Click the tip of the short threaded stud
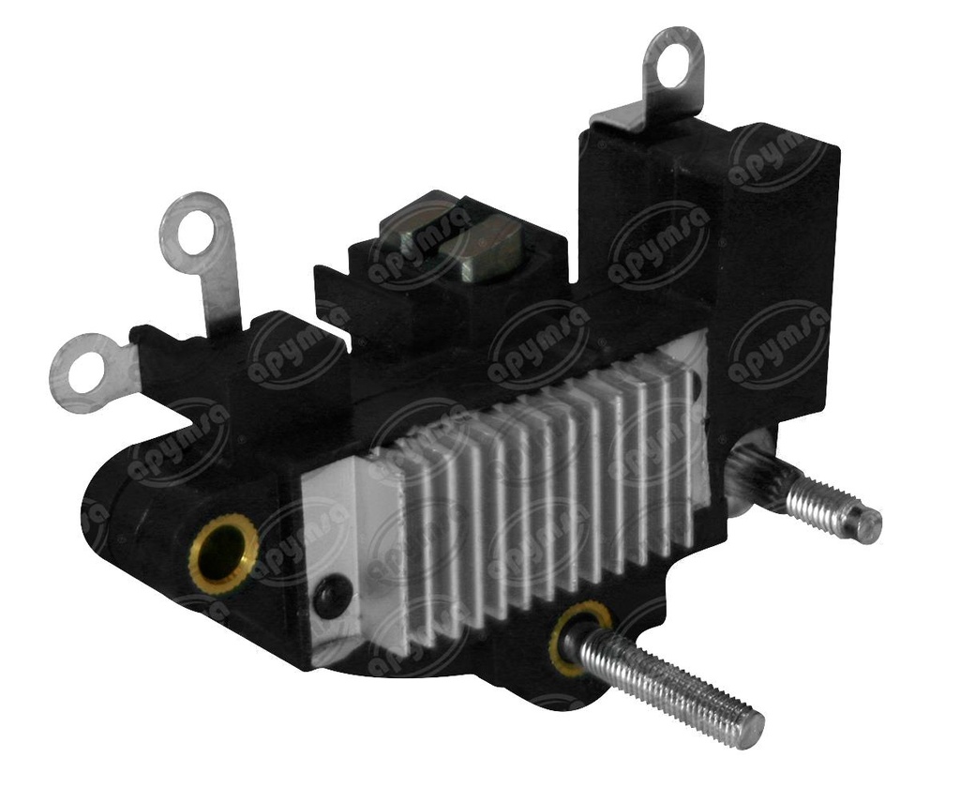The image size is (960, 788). [868, 524]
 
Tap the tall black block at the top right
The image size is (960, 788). [750, 216]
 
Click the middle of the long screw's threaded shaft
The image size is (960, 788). [666, 680]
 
